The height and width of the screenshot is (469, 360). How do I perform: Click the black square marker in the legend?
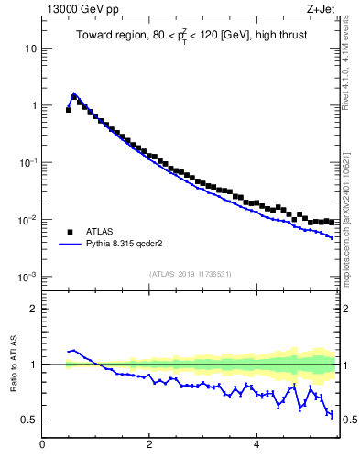pyautogui.click(x=70, y=232)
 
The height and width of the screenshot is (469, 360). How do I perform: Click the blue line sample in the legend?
pyautogui.click(x=70, y=245)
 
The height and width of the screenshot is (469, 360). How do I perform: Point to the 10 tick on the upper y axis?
pyautogui.click(x=32, y=48)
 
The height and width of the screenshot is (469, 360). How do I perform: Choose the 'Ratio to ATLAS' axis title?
pyautogui.click(x=12, y=364)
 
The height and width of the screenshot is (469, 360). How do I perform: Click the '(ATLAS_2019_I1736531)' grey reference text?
pyautogui.click(x=191, y=273)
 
